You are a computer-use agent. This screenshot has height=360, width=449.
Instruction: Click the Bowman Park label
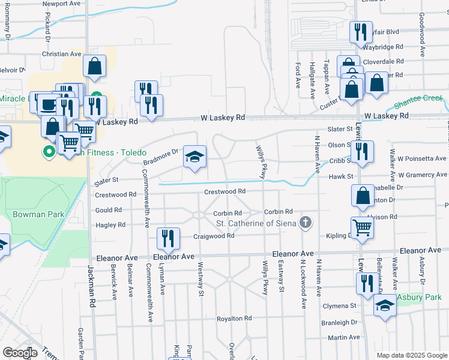tap(34, 214)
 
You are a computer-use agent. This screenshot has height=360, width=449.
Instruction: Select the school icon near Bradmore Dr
tap(194, 157)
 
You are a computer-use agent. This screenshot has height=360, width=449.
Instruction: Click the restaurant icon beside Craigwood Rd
tap(167, 238)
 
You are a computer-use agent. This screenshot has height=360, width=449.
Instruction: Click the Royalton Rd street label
tap(234, 318)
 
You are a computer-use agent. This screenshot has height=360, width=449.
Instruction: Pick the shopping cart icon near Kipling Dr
tap(362, 228)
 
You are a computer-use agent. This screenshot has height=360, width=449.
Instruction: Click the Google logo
tap(19, 352)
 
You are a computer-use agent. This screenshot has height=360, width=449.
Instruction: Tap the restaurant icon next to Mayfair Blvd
tap(361, 32)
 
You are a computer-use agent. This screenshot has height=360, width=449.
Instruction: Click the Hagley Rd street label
tap(109, 225)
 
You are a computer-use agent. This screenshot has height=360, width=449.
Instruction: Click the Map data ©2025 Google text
tap(411, 355)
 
